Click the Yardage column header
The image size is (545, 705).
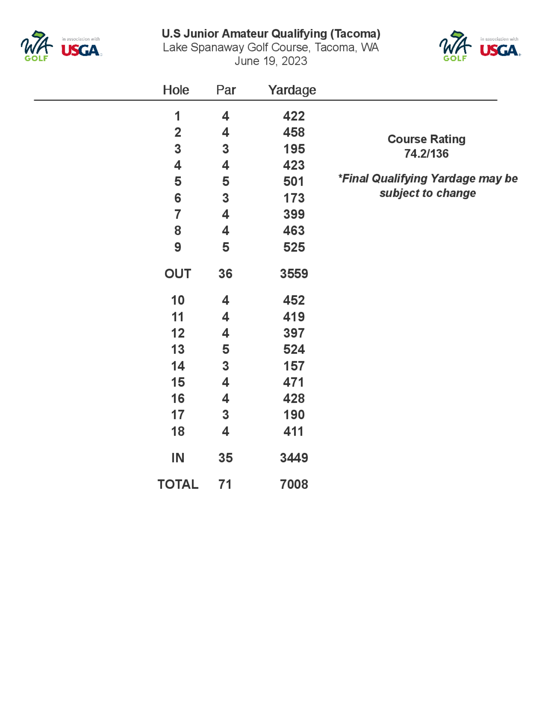[x=292, y=90]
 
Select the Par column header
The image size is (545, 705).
[x=226, y=90]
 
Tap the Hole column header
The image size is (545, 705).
[x=176, y=90]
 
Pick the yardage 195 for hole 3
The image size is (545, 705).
[x=294, y=149]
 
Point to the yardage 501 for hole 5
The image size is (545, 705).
[x=293, y=182]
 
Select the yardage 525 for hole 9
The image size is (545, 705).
[x=294, y=247]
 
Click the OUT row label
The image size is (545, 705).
[x=178, y=274]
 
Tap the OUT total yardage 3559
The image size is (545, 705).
[x=294, y=274]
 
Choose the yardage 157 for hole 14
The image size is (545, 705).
[x=294, y=366]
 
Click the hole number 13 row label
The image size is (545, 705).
[x=178, y=350]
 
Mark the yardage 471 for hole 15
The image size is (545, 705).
[x=293, y=382]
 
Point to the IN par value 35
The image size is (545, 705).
[x=225, y=458]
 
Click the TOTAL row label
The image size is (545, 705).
[x=178, y=484]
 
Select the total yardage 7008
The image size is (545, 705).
[x=294, y=484]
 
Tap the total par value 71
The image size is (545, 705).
[x=225, y=484]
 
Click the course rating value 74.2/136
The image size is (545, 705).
[x=426, y=154]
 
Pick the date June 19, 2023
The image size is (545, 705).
[x=271, y=61]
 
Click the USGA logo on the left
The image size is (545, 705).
[x=81, y=50]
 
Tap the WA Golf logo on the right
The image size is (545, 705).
[x=455, y=46]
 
